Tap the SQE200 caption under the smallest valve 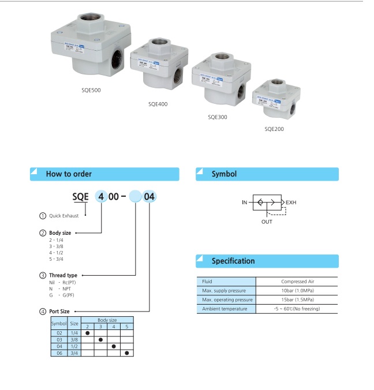click(274, 129)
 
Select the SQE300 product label click(218, 117)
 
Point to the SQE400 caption click(158, 104)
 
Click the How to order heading click(69, 174)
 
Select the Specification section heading click(233, 261)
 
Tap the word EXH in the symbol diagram click(291, 203)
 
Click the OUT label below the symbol click(267, 221)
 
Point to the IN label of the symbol click(245, 203)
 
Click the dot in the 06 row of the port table click(127, 352)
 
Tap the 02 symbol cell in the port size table click(59, 332)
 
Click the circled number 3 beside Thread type click(43, 275)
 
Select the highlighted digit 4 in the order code click(102, 196)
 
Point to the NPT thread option click(68, 288)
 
